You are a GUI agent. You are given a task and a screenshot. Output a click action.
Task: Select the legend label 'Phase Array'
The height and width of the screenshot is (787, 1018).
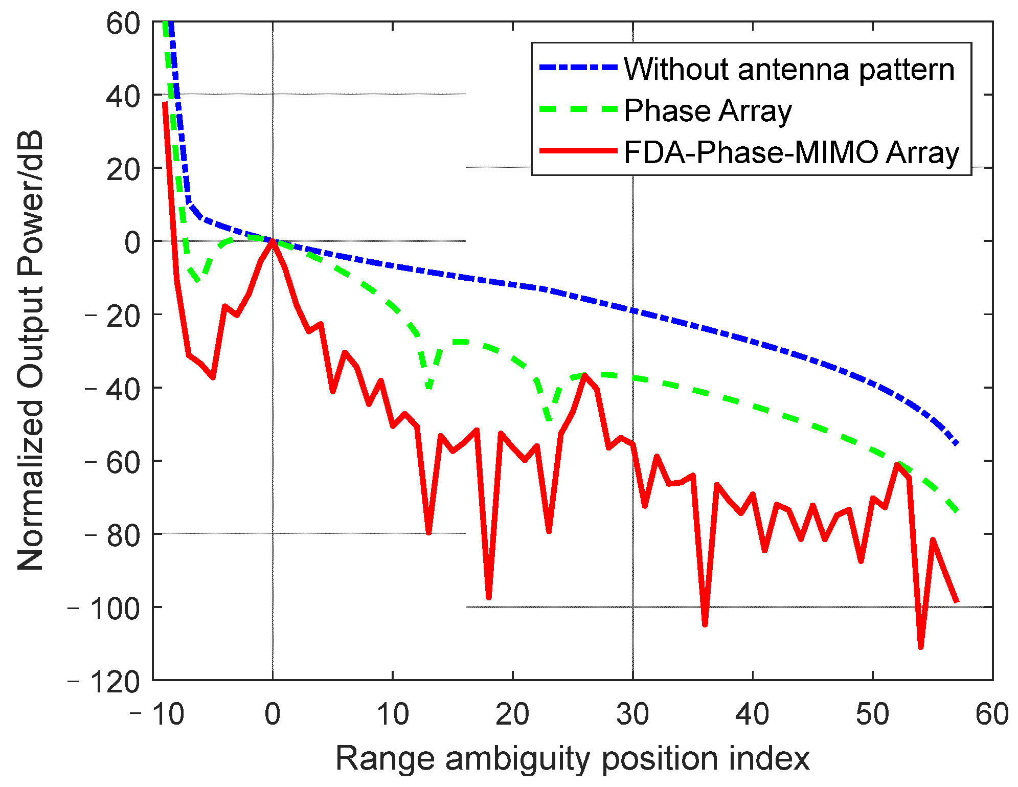[x=708, y=111]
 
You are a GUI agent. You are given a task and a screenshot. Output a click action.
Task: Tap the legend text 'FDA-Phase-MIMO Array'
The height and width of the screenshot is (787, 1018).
[x=791, y=152]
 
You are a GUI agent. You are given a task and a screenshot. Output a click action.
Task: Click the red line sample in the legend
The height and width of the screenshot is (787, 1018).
[x=578, y=150]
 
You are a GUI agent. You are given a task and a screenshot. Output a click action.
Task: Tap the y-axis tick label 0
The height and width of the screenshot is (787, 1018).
[x=132, y=242]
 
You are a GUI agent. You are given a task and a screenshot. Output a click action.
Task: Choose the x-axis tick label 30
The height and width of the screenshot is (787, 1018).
[x=632, y=714]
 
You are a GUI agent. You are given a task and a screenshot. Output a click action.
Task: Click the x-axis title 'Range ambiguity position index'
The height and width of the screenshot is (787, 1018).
[x=572, y=758]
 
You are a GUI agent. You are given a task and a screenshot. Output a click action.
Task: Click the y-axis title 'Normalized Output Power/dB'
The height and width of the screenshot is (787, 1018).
[x=31, y=351]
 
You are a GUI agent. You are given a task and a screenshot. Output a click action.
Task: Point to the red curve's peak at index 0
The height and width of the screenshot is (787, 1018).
[x=273, y=241]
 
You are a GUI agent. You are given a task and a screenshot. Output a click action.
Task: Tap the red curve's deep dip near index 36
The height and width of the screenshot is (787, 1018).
[x=705, y=624]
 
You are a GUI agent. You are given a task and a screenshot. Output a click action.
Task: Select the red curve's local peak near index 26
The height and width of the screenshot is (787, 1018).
[x=584, y=375]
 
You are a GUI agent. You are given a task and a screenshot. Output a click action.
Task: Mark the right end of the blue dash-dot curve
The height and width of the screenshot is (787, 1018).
[x=957, y=444]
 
